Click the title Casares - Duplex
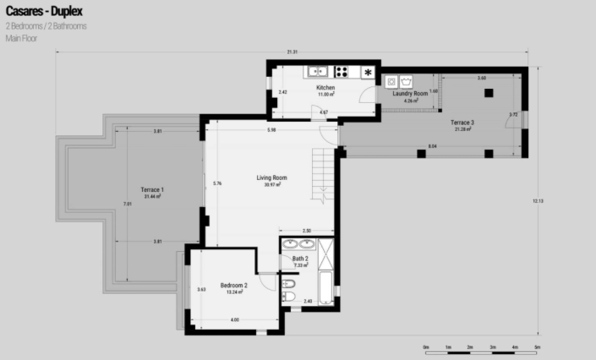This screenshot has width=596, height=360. (x=43, y=12)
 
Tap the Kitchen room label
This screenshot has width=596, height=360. (x=325, y=88)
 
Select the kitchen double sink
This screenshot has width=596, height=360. (x=317, y=72)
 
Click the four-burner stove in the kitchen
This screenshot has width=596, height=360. (x=343, y=72)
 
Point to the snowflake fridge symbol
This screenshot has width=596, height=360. (x=369, y=72)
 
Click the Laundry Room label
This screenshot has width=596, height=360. (x=411, y=94)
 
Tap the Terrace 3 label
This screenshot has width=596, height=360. (x=462, y=123)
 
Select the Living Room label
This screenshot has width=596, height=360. (x=272, y=178)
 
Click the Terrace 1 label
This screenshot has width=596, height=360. (x=152, y=190)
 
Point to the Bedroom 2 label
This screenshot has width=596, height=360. (x=234, y=286)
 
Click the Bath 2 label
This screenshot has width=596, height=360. (x=300, y=259)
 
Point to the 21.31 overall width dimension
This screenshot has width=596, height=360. (x=293, y=52)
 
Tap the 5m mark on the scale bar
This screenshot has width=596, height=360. (x=538, y=346)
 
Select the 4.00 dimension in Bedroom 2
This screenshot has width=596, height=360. (x=234, y=319)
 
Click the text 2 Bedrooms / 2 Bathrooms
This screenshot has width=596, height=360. (x=46, y=26)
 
